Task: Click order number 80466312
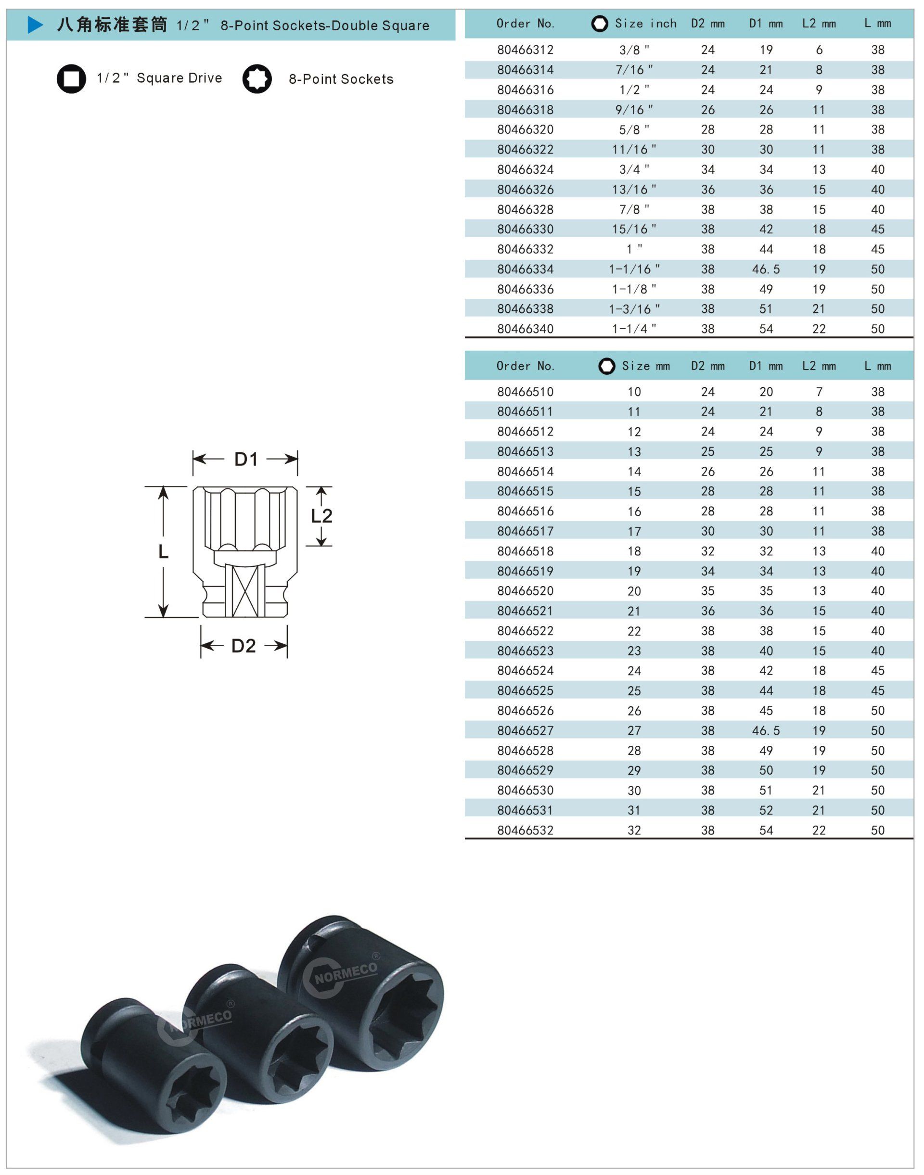click(526, 50)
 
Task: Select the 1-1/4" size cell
click(634, 329)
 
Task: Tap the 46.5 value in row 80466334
click(766, 269)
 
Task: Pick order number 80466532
click(526, 830)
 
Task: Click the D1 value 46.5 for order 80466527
click(766, 731)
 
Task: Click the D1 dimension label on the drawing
click(246, 460)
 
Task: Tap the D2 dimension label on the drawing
click(244, 646)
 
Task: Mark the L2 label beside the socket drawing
click(321, 516)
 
